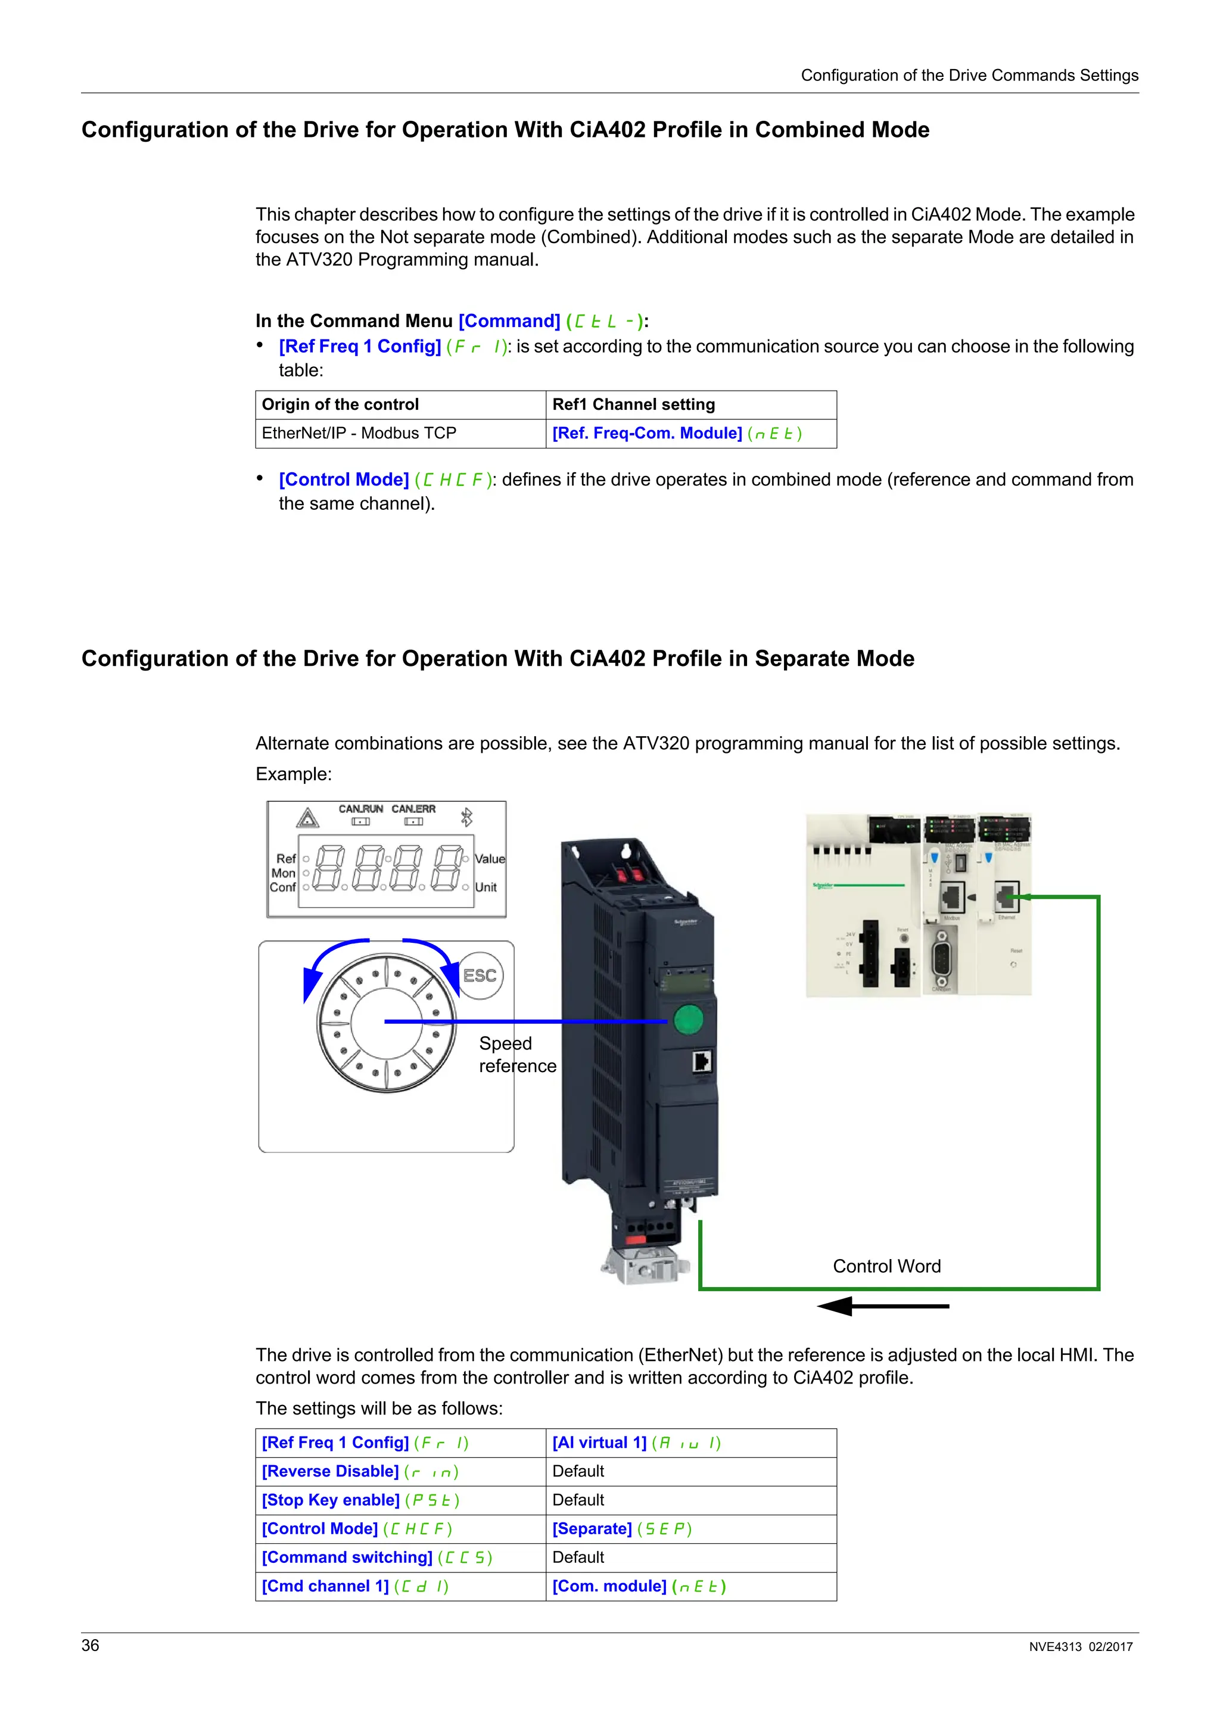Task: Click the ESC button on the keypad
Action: point(480,976)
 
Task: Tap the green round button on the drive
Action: point(688,1020)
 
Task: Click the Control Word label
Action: point(886,1267)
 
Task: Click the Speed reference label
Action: point(517,1055)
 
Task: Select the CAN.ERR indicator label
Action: point(413,809)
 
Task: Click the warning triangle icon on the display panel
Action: point(307,818)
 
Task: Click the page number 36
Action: point(90,1646)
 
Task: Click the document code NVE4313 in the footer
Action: point(1054,1647)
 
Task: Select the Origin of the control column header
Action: point(340,404)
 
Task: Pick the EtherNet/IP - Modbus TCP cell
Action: point(359,433)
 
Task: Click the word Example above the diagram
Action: point(293,774)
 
